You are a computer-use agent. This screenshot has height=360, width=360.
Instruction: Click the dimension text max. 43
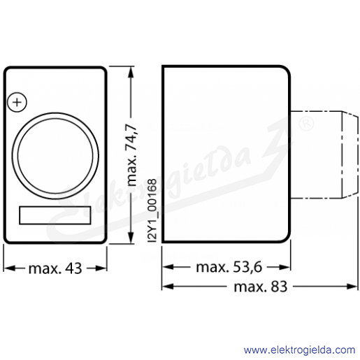pyautogui.click(x=55, y=268)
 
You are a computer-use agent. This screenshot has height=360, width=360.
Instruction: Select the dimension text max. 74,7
pyautogui.click(x=132, y=155)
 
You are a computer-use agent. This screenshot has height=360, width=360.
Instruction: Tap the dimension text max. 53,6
pyautogui.click(x=229, y=267)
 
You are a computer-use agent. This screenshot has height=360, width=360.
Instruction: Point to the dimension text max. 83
pyautogui.click(x=261, y=287)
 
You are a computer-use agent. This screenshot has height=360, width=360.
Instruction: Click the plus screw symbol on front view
pyautogui.click(x=17, y=102)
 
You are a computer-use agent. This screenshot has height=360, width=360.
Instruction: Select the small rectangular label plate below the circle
pyautogui.click(x=55, y=215)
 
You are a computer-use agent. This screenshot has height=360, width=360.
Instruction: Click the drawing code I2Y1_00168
pyautogui.click(x=152, y=210)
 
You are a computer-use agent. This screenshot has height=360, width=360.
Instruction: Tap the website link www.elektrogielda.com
pyautogui.click(x=299, y=350)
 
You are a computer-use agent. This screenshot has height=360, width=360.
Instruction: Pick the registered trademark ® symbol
pyautogui.click(x=306, y=124)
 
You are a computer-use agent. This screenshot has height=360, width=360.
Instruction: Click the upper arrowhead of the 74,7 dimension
pyautogui.click(x=131, y=72)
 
